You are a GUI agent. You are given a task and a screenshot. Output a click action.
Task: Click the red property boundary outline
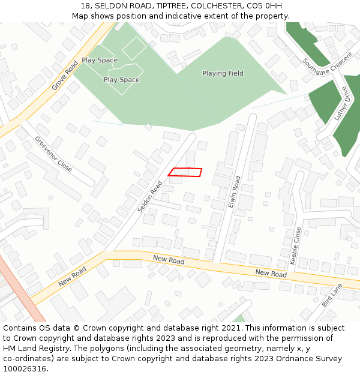185,172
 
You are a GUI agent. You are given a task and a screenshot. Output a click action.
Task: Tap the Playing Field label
223,73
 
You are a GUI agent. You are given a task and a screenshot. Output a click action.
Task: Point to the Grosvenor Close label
53,154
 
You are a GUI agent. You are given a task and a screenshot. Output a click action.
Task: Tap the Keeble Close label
295,245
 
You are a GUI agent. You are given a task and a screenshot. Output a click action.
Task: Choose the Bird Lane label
332,295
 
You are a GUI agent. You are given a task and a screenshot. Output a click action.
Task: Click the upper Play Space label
100,60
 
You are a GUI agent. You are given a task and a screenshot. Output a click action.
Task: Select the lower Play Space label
122,79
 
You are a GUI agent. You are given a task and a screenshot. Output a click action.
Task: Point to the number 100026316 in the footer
25,368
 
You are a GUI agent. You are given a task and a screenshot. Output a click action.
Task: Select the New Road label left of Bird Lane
271,273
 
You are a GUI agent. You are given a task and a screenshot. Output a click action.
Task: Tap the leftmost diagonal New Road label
73,276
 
